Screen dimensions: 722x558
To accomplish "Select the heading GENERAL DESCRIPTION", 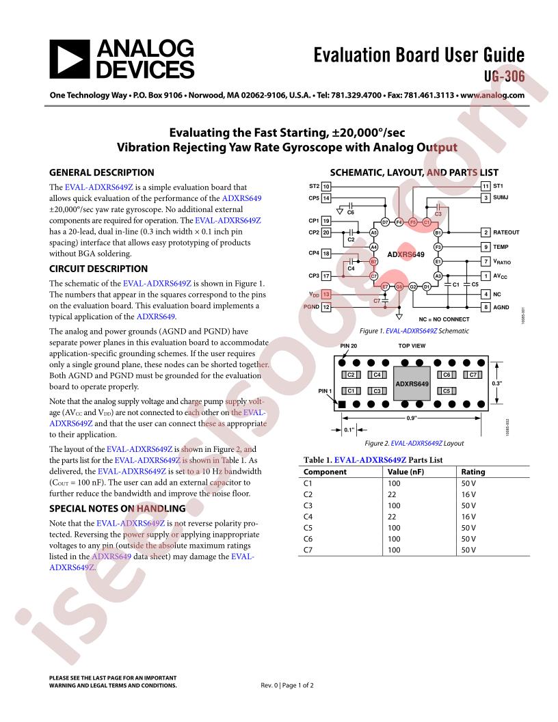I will coord(102,172).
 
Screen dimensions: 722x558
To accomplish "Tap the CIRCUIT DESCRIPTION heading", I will coord(98,269).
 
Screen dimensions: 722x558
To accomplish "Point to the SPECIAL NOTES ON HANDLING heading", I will coord(118,508).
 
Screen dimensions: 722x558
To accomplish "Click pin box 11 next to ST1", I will coord(485,186).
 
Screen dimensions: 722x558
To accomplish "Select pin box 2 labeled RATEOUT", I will coord(485,232).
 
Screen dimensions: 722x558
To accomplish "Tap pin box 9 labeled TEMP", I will coord(485,246).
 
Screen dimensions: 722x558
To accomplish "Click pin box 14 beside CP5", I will coord(327,198).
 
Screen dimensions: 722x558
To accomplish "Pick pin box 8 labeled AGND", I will coord(485,308).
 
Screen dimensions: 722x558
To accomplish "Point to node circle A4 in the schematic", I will coord(373,246).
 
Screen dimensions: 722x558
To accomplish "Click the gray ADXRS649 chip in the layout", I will coord(412,384).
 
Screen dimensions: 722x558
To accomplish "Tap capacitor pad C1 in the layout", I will coord(351,390).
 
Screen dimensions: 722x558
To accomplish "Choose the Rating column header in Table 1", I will coord(473,472).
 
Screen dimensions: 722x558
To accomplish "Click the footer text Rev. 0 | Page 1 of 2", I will coord(288,685).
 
